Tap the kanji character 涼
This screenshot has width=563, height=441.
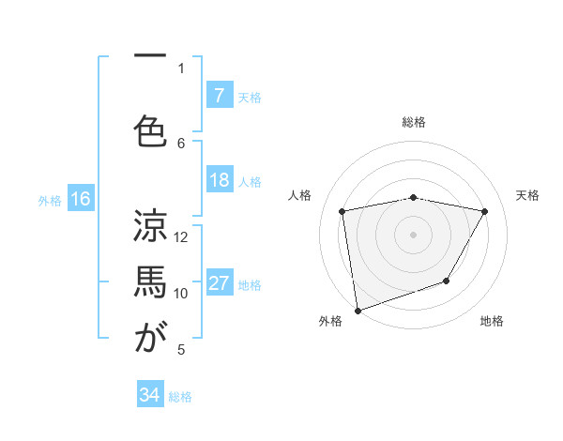(150, 225)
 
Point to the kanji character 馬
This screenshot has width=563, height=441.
(150, 281)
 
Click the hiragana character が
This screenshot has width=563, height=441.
(150, 338)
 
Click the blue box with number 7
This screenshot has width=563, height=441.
(219, 95)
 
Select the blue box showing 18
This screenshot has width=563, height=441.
(219, 181)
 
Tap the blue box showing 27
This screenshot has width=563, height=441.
(219, 284)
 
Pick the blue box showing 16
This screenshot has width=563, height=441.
(80, 199)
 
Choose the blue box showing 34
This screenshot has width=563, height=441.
(149, 395)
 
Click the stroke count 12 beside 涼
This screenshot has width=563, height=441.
(182, 236)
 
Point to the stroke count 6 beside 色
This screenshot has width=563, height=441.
(182, 143)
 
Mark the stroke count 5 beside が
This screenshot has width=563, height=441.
(182, 350)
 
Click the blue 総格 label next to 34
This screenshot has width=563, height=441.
(180, 397)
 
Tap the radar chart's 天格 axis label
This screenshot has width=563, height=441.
(527, 195)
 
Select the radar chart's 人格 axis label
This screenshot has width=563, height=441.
(300, 195)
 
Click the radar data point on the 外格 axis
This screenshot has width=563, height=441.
(358, 310)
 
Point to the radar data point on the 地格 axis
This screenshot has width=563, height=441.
(447, 281)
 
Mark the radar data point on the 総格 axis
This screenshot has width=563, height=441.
(413, 198)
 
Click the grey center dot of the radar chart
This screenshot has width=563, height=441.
(413, 234)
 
